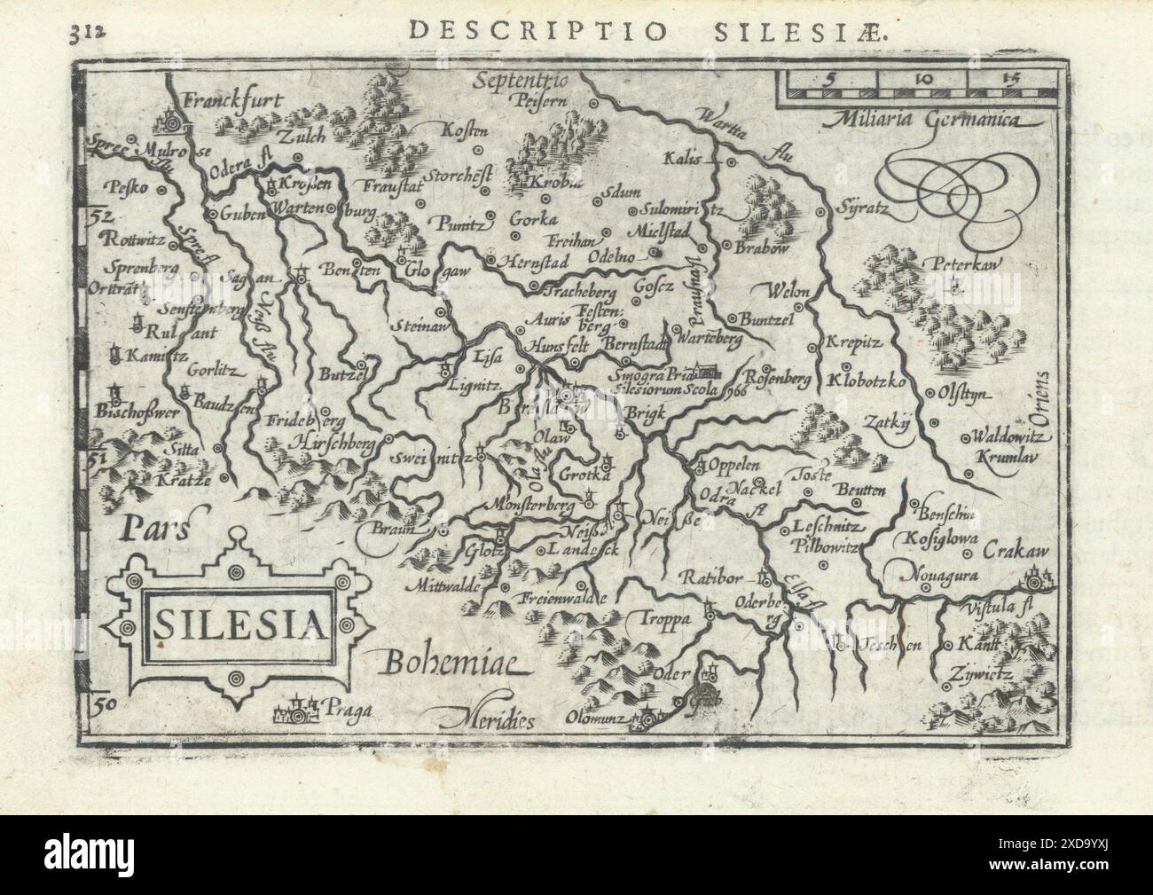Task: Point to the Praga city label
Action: pyautogui.click(x=346, y=708)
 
